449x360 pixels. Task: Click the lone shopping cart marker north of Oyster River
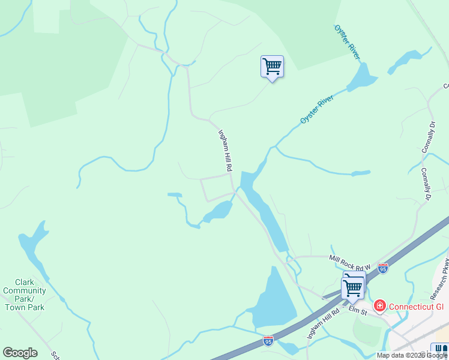[272, 67]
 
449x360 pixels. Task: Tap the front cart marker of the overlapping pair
[352, 288]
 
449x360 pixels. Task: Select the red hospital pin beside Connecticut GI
[379, 307]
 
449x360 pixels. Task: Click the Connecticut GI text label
[415, 307]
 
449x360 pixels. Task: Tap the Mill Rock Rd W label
[350, 262]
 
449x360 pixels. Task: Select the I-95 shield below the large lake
[268, 341]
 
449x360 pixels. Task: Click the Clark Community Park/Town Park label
[24, 295]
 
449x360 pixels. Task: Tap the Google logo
[20, 353]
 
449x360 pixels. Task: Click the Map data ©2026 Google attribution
[412, 355]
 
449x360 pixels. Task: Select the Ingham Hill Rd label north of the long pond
[224, 151]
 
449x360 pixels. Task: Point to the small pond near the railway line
[406, 61]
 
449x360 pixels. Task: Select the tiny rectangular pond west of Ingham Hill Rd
[175, 195]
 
